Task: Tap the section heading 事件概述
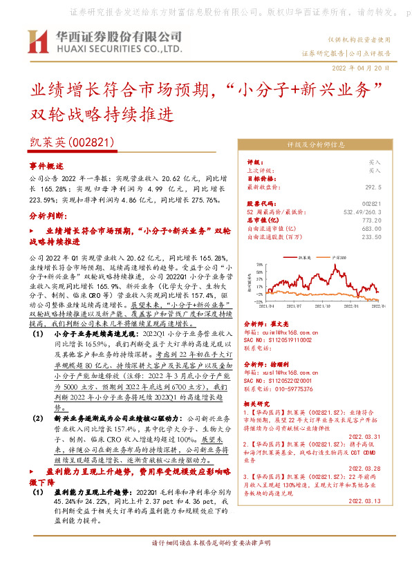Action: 46,167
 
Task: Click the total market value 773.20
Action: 371,220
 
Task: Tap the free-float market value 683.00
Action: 371,228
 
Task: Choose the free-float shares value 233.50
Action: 371,236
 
